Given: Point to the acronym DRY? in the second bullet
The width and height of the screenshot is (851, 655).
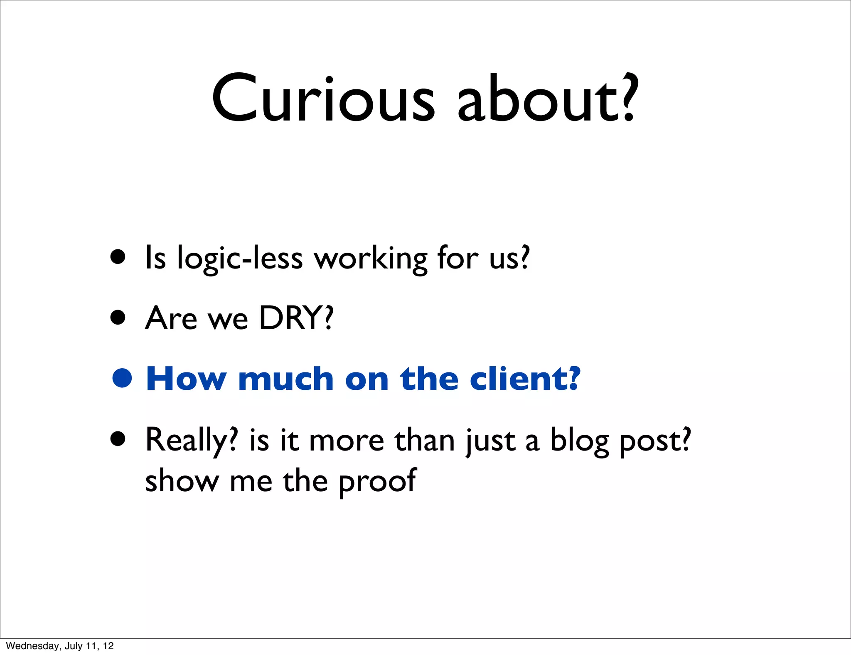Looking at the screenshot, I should (x=296, y=318).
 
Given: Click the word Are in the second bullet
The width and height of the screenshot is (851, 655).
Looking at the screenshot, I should (x=171, y=318).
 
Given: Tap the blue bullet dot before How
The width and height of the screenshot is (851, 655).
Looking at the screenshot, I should (x=122, y=378).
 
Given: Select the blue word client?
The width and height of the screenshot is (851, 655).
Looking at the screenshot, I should (x=524, y=379).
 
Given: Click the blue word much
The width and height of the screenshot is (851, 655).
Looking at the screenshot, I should (x=286, y=379).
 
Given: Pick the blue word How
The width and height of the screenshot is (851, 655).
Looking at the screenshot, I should (x=187, y=379).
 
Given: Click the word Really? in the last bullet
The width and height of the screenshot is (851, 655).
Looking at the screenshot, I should (x=192, y=441).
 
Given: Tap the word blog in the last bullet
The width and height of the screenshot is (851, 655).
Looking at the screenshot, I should (x=579, y=441).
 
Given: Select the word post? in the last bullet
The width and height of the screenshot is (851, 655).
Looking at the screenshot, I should (x=655, y=441).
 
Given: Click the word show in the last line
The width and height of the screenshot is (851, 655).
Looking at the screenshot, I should (x=182, y=481).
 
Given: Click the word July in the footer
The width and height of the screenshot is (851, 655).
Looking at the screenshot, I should (x=74, y=646).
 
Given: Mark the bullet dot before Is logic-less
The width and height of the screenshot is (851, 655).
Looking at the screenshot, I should (x=118, y=257).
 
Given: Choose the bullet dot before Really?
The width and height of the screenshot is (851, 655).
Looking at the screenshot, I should (x=118, y=438).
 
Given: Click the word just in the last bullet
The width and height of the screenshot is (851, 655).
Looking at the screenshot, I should (x=490, y=441).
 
